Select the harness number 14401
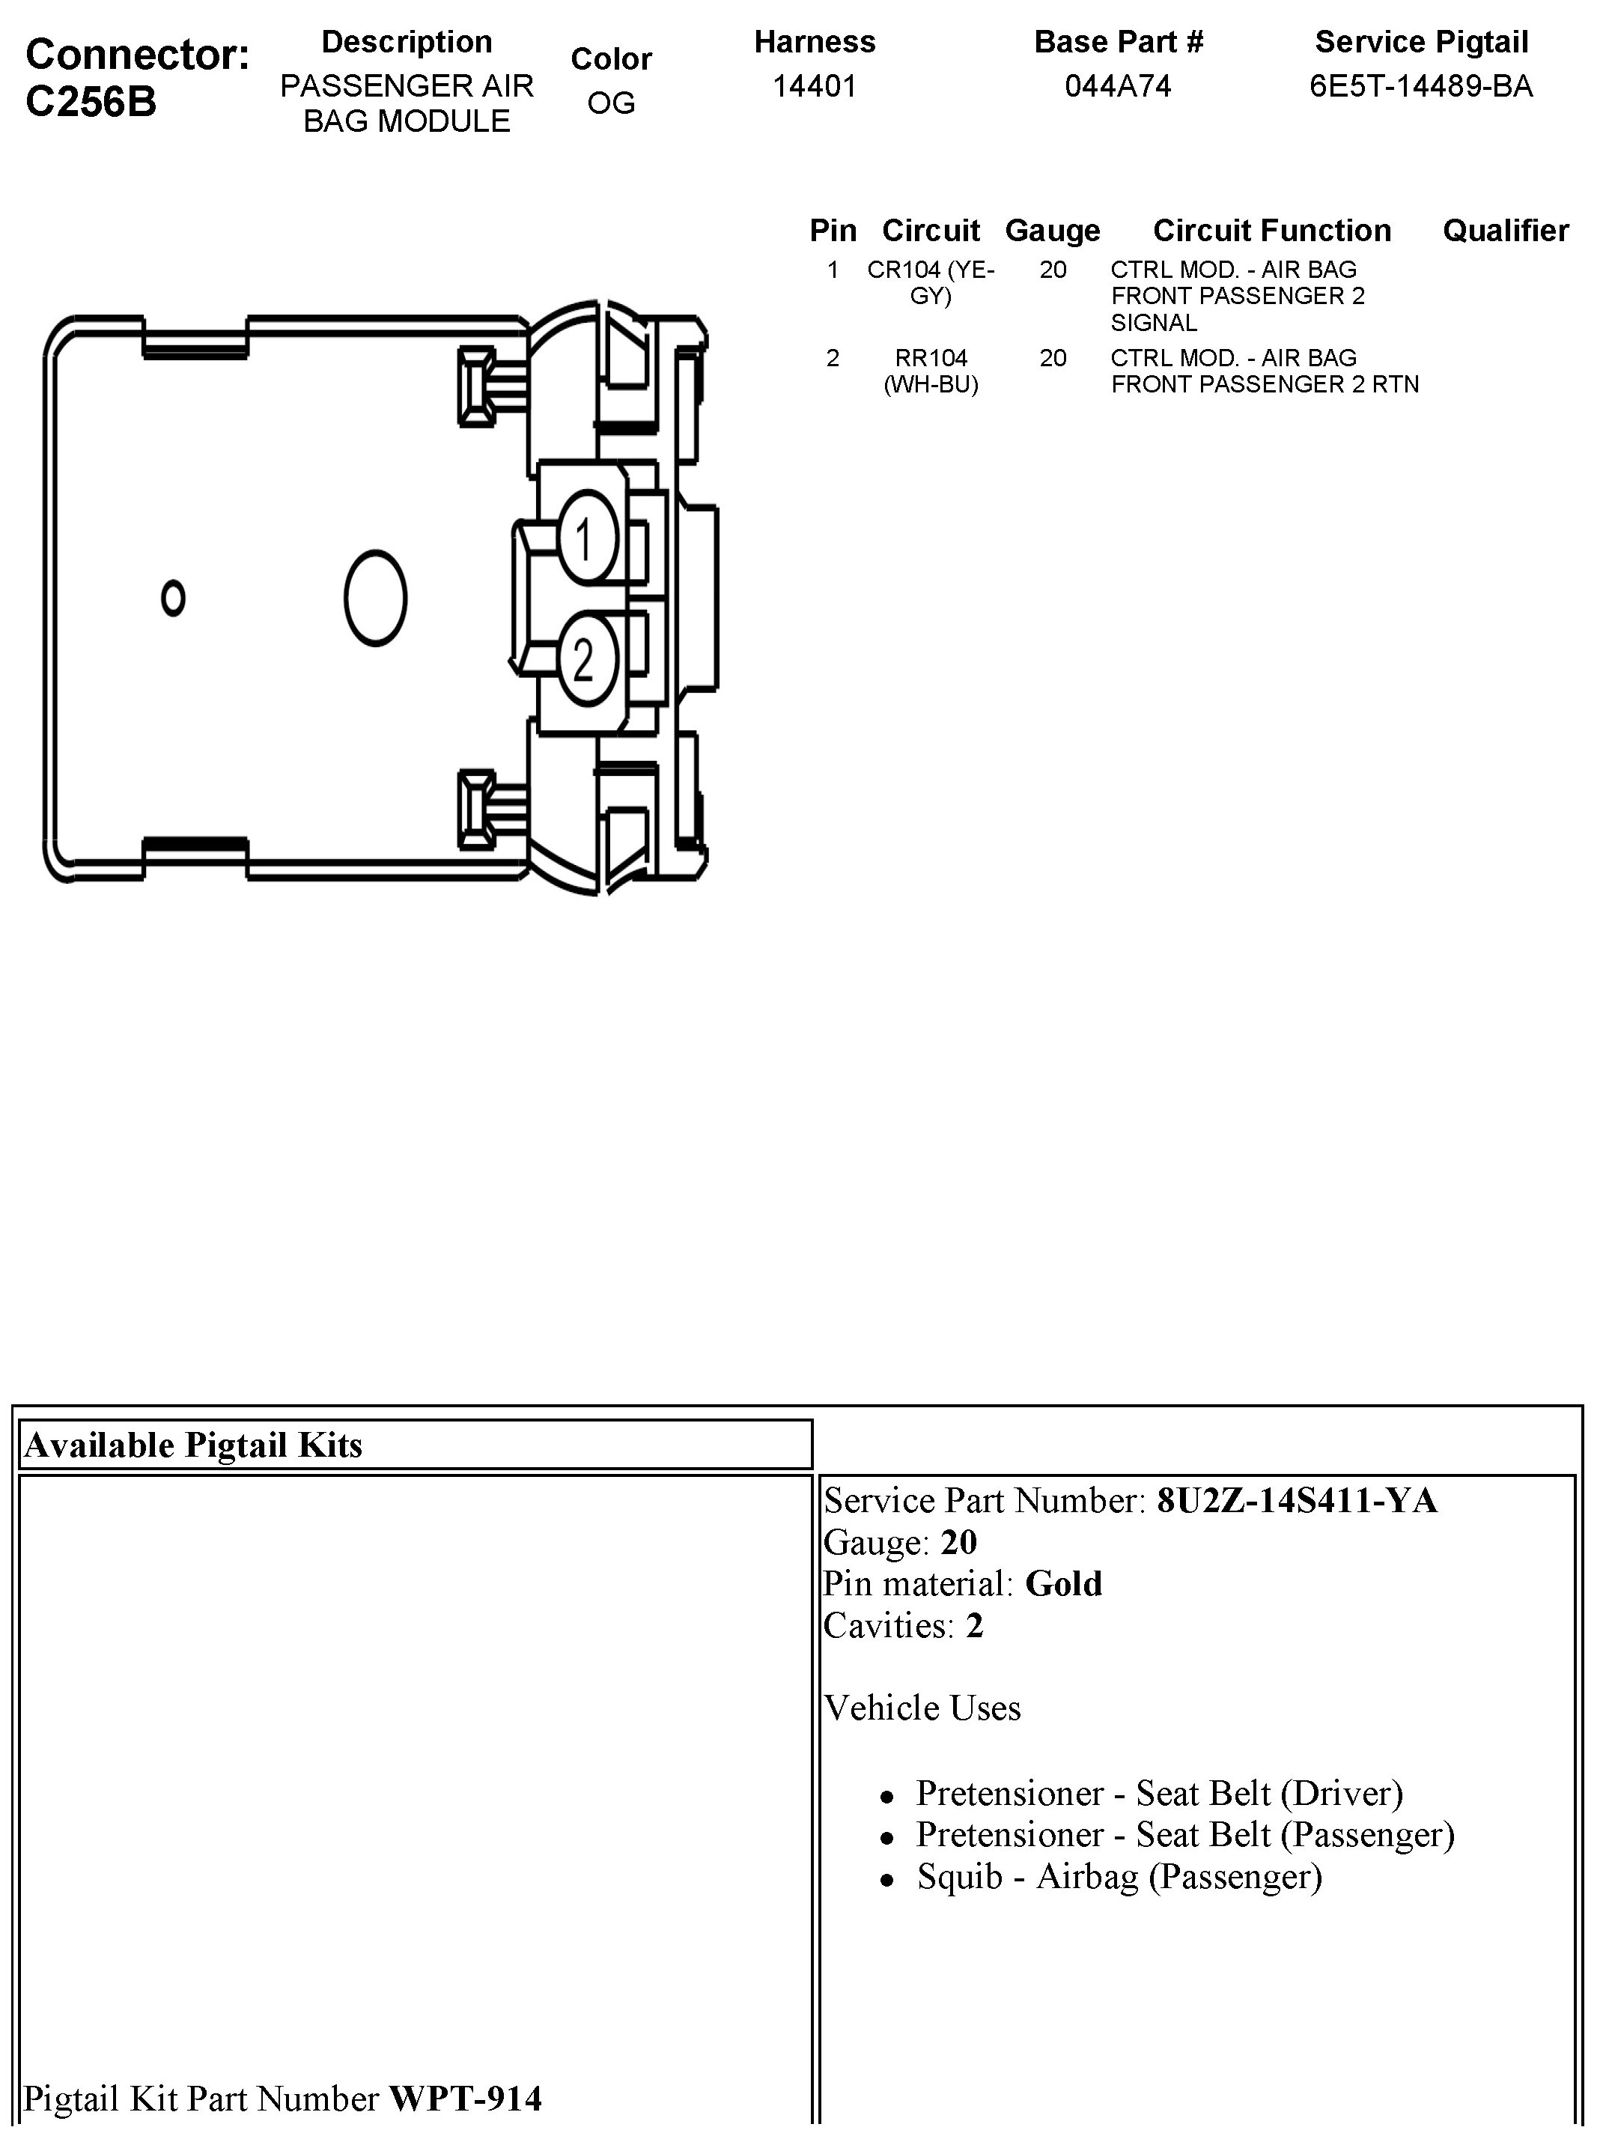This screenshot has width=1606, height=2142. coord(814,87)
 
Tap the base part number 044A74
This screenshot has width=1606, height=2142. coord(1118,87)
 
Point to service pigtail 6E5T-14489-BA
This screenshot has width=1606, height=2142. coord(1421,87)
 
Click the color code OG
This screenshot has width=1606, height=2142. coord(611,103)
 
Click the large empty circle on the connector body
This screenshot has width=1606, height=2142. coord(376,598)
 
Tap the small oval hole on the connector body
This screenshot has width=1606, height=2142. coord(173,598)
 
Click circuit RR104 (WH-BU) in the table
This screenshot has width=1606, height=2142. coord(931,371)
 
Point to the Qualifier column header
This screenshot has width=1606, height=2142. coord(1506,231)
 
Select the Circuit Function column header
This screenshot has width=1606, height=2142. coord(1272,231)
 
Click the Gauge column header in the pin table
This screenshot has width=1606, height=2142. coord(1052,231)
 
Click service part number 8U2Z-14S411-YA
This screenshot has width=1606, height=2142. coord(1296,1500)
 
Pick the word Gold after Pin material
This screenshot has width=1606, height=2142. coord(1063,1583)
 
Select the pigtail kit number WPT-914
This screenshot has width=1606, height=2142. coord(466,2099)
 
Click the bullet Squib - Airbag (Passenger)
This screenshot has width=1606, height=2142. coord(1119,1877)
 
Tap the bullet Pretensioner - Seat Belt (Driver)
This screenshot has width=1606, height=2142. coord(1160,1794)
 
